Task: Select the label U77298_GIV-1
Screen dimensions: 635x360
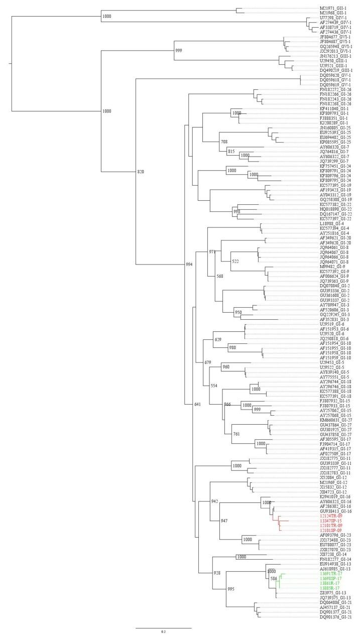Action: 333,18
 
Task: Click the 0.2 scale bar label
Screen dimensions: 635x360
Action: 163,631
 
